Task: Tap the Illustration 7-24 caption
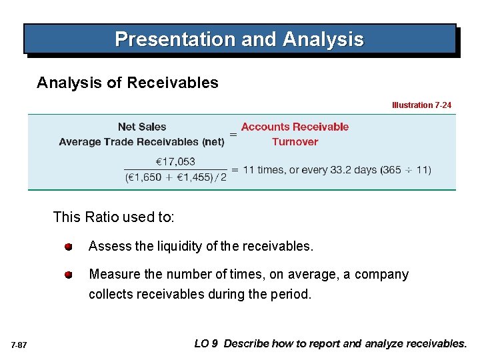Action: click(x=421, y=105)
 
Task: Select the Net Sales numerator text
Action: click(x=142, y=127)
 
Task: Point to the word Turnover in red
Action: click(x=295, y=141)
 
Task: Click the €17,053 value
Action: click(x=175, y=161)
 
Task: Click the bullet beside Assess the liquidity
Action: click(x=69, y=247)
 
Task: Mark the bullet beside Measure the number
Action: click(x=69, y=275)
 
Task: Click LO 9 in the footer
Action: click(x=206, y=344)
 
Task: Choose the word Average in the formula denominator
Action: click(x=79, y=141)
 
